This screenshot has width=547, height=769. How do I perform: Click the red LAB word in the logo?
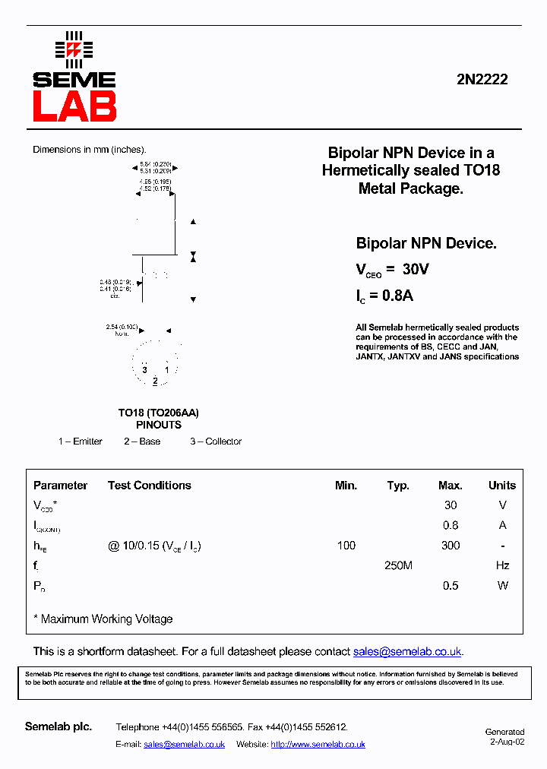pos(74,106)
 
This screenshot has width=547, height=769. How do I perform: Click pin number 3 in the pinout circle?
pos(144,370)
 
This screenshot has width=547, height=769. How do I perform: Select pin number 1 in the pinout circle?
pos(167,370)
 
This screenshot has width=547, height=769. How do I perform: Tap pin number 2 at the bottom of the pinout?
pos(155,381)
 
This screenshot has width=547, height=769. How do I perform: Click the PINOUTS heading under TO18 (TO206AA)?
pos(159,425)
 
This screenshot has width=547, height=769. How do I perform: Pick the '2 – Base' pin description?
pos(142,441)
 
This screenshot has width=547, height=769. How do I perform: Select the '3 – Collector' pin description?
pos(216,441)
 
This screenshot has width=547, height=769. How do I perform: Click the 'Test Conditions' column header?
pos(150,486)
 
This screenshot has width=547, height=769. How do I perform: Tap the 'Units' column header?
pos(501,486)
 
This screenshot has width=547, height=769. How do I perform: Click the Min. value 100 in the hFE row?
pos(346,546)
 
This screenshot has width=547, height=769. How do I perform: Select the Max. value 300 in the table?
pos(450,546)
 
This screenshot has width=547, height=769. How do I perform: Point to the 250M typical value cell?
pos(398,565)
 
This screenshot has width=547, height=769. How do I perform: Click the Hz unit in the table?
pos(501,565)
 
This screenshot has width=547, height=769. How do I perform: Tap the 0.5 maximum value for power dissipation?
pos(450,586)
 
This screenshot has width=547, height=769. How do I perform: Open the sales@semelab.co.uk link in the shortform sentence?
pos(407,652)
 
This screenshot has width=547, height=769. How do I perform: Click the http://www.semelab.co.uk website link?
pos(318,745)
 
